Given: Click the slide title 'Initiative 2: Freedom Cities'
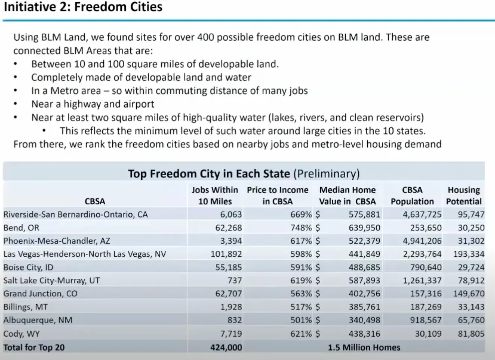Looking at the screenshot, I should [x=83, y=7].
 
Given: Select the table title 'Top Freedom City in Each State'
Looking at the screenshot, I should [x=209, y=174].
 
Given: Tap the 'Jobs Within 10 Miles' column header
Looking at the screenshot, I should [x=215, y=195].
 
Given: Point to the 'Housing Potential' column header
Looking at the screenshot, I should [x=464, y=195].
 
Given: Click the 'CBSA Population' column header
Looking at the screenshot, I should [x=412, y=195].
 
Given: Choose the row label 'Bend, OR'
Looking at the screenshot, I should [x=21, y=228].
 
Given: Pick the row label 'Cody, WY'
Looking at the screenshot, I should [x=21, y=333].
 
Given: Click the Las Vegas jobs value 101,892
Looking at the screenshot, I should [x=226, y=254].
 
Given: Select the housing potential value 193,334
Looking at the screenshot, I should [x=469, y=254].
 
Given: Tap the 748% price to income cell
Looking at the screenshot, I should [x=301, y=228].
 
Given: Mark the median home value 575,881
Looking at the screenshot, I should [x=364, y=214].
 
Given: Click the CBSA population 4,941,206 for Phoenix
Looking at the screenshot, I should [x=422, y=241].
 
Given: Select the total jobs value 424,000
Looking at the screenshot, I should [x=226, y=347].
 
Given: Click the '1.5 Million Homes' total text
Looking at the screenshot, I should [x=364, y=347].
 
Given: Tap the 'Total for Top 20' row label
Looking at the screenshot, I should [x=34, y=347].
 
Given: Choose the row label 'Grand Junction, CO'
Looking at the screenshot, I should [x=40, y=294].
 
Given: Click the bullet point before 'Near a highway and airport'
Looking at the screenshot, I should [x=15, y=104].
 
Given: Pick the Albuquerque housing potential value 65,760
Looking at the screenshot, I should [x=471, y=320].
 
